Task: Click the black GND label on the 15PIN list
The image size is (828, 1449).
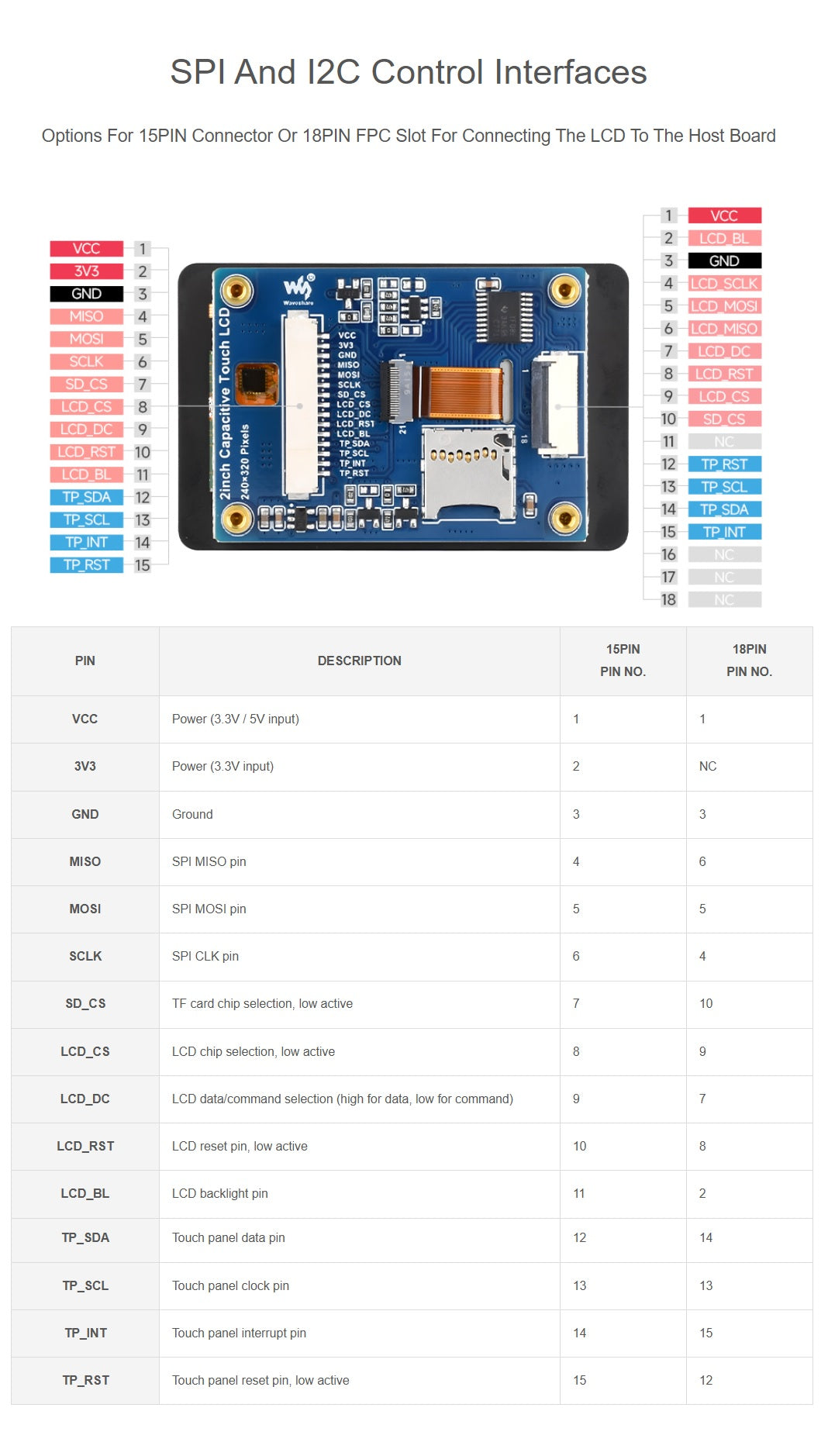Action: click(x=86, y=294)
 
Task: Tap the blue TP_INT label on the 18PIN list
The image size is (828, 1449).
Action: click(x=724, y=532)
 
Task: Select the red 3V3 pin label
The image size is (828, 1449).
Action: click(x=86, y=271)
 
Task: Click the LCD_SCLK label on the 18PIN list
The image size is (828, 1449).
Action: click(x=724, y=284)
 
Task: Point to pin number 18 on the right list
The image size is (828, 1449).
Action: click(x=668, y=599)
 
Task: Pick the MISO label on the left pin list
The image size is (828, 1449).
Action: click(x=86, y=316)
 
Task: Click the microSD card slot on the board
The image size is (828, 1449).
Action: click(x=468, y=472)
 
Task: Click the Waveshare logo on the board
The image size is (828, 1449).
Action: click(x=298, y=289)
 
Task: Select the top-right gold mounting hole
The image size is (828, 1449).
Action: click(x=564, y=292)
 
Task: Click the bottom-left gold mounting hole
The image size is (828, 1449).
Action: click(x=236, y=517)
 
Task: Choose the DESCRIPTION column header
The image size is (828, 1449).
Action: click(x=360, y=661)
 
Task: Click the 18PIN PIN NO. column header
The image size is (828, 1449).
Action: click(x=749, y=661)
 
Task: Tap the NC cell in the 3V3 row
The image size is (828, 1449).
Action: click(x=708, y=766)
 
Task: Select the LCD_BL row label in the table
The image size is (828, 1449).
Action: click(x=85, y=1193)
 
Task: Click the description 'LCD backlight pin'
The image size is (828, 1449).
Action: click(x=220, y=1193)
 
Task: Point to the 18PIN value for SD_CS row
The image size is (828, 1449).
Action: click(x=706, y=1003)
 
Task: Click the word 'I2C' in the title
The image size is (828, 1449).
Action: click(x=334, y=72)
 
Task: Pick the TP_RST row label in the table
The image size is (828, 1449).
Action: click(x=85, y=1380)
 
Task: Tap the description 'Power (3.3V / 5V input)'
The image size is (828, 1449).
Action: click(x=236, y=719)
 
